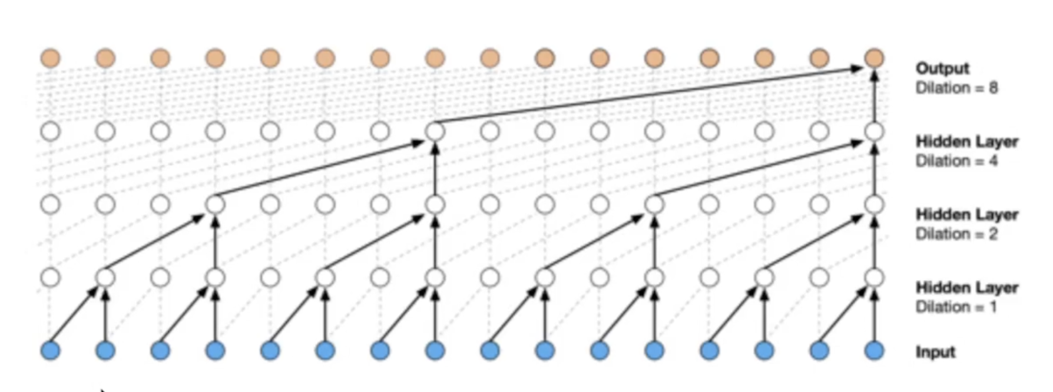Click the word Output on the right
point(942,68)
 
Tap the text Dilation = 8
point(956,88)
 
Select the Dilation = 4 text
point(956,161)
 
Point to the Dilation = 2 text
point(956,234)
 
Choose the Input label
point(935,352)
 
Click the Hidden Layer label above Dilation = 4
point(967,142)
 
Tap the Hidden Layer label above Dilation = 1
point(967,288)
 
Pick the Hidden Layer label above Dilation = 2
point(967,215)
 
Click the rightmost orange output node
point(874,58)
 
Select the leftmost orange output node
point(51,58)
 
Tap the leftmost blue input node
point(51,351)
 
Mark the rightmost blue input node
point(874,351)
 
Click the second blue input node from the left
point(105,351)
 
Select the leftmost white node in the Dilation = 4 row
point(51,131)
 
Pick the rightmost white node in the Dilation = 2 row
point(874,204)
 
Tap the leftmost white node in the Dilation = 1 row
point(51,277)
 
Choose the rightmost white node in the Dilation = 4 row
point(874,131)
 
